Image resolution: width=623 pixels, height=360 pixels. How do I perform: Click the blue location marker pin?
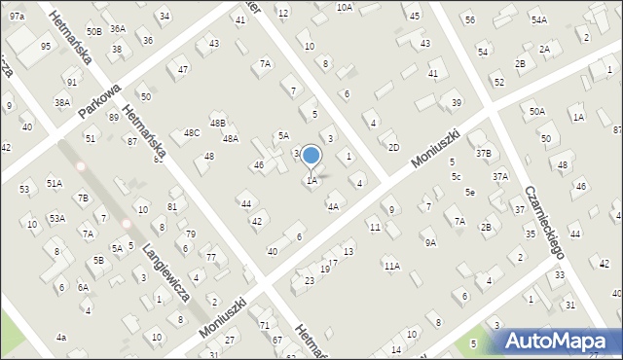[311, 156]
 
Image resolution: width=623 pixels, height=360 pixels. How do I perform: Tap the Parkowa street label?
[100, 99]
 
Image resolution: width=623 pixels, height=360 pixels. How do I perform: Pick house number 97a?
[18, 17]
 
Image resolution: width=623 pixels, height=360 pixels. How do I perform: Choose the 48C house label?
[192, 132]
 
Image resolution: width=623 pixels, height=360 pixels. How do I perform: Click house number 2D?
[393, 147]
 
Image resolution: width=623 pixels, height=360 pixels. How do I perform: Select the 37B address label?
[484, 153]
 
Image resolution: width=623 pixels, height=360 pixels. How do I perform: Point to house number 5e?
[469, 192]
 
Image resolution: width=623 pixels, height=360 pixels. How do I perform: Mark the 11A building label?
[391, 266]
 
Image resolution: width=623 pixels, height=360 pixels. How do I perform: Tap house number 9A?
[429, 242]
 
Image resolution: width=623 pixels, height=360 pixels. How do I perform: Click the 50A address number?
[537, 112]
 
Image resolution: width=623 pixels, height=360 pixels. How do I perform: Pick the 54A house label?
[538, 19]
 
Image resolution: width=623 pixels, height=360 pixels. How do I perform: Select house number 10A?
[344, 7]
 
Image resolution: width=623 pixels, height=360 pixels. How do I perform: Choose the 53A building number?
[57, 218]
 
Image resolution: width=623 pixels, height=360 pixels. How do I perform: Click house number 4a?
[61, 337]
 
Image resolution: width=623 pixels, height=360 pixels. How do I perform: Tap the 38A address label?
[62, 102]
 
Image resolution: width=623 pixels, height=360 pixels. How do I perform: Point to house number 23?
[310, 280]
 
